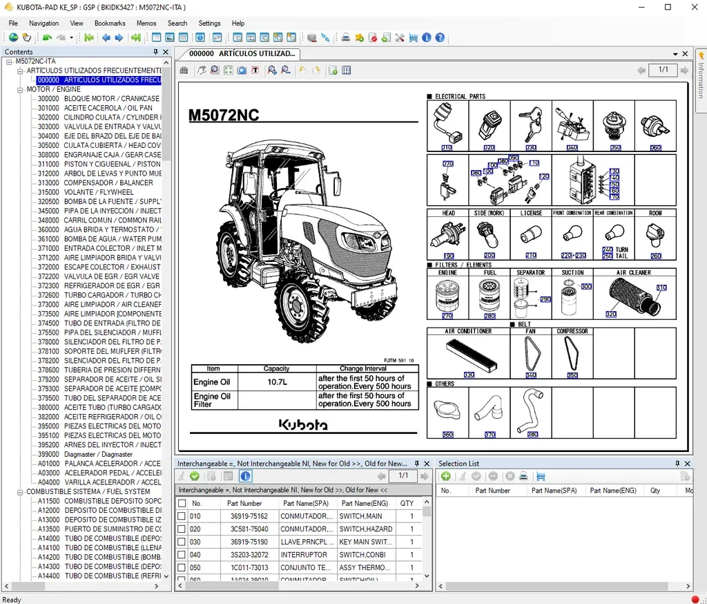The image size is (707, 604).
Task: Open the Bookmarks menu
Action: click(x=110, y=23)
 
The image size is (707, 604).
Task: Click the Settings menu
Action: click(x=209, y=23)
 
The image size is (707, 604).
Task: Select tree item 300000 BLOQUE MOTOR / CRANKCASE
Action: click(x=98, y=99)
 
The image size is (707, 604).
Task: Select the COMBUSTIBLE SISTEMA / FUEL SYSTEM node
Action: click(x=88, y=491)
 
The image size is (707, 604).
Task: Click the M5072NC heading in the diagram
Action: click(x=224, y=115)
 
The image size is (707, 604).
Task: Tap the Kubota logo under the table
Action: click(x=304, y=425)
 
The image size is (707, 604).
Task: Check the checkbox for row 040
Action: click(x=182, y=554)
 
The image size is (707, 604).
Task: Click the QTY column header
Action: click(x=407, y=504)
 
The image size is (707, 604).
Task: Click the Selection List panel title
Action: click(x=458, y=464)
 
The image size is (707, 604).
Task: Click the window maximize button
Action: click(x=668, y=7)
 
